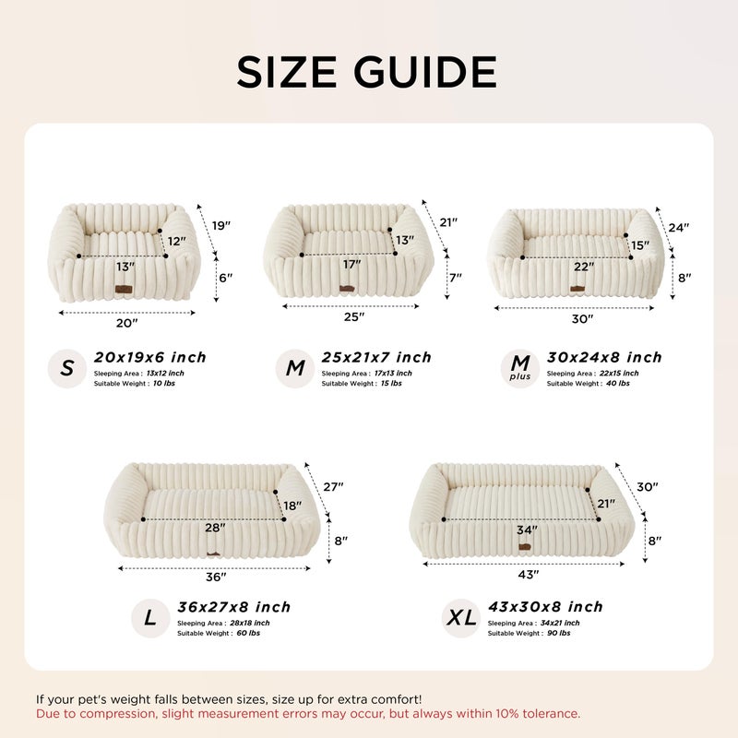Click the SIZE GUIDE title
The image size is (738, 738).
coord(367,72)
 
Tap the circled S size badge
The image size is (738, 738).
coord(67,369)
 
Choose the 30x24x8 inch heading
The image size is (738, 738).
coord(604,357)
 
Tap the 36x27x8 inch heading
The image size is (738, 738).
coord(233,607)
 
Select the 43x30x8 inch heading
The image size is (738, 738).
coord(545,607)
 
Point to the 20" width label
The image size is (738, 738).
coord(126,322)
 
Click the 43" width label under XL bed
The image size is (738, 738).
coord(528,574)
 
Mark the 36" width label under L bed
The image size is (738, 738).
coord(216,577)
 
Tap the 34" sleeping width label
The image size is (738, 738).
coord(527,530)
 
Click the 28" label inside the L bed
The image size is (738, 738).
coord(214,528)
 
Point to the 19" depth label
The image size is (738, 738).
coord(221,226)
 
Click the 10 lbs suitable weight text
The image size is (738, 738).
coord(162,383)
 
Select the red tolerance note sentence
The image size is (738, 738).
coord(308,714)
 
